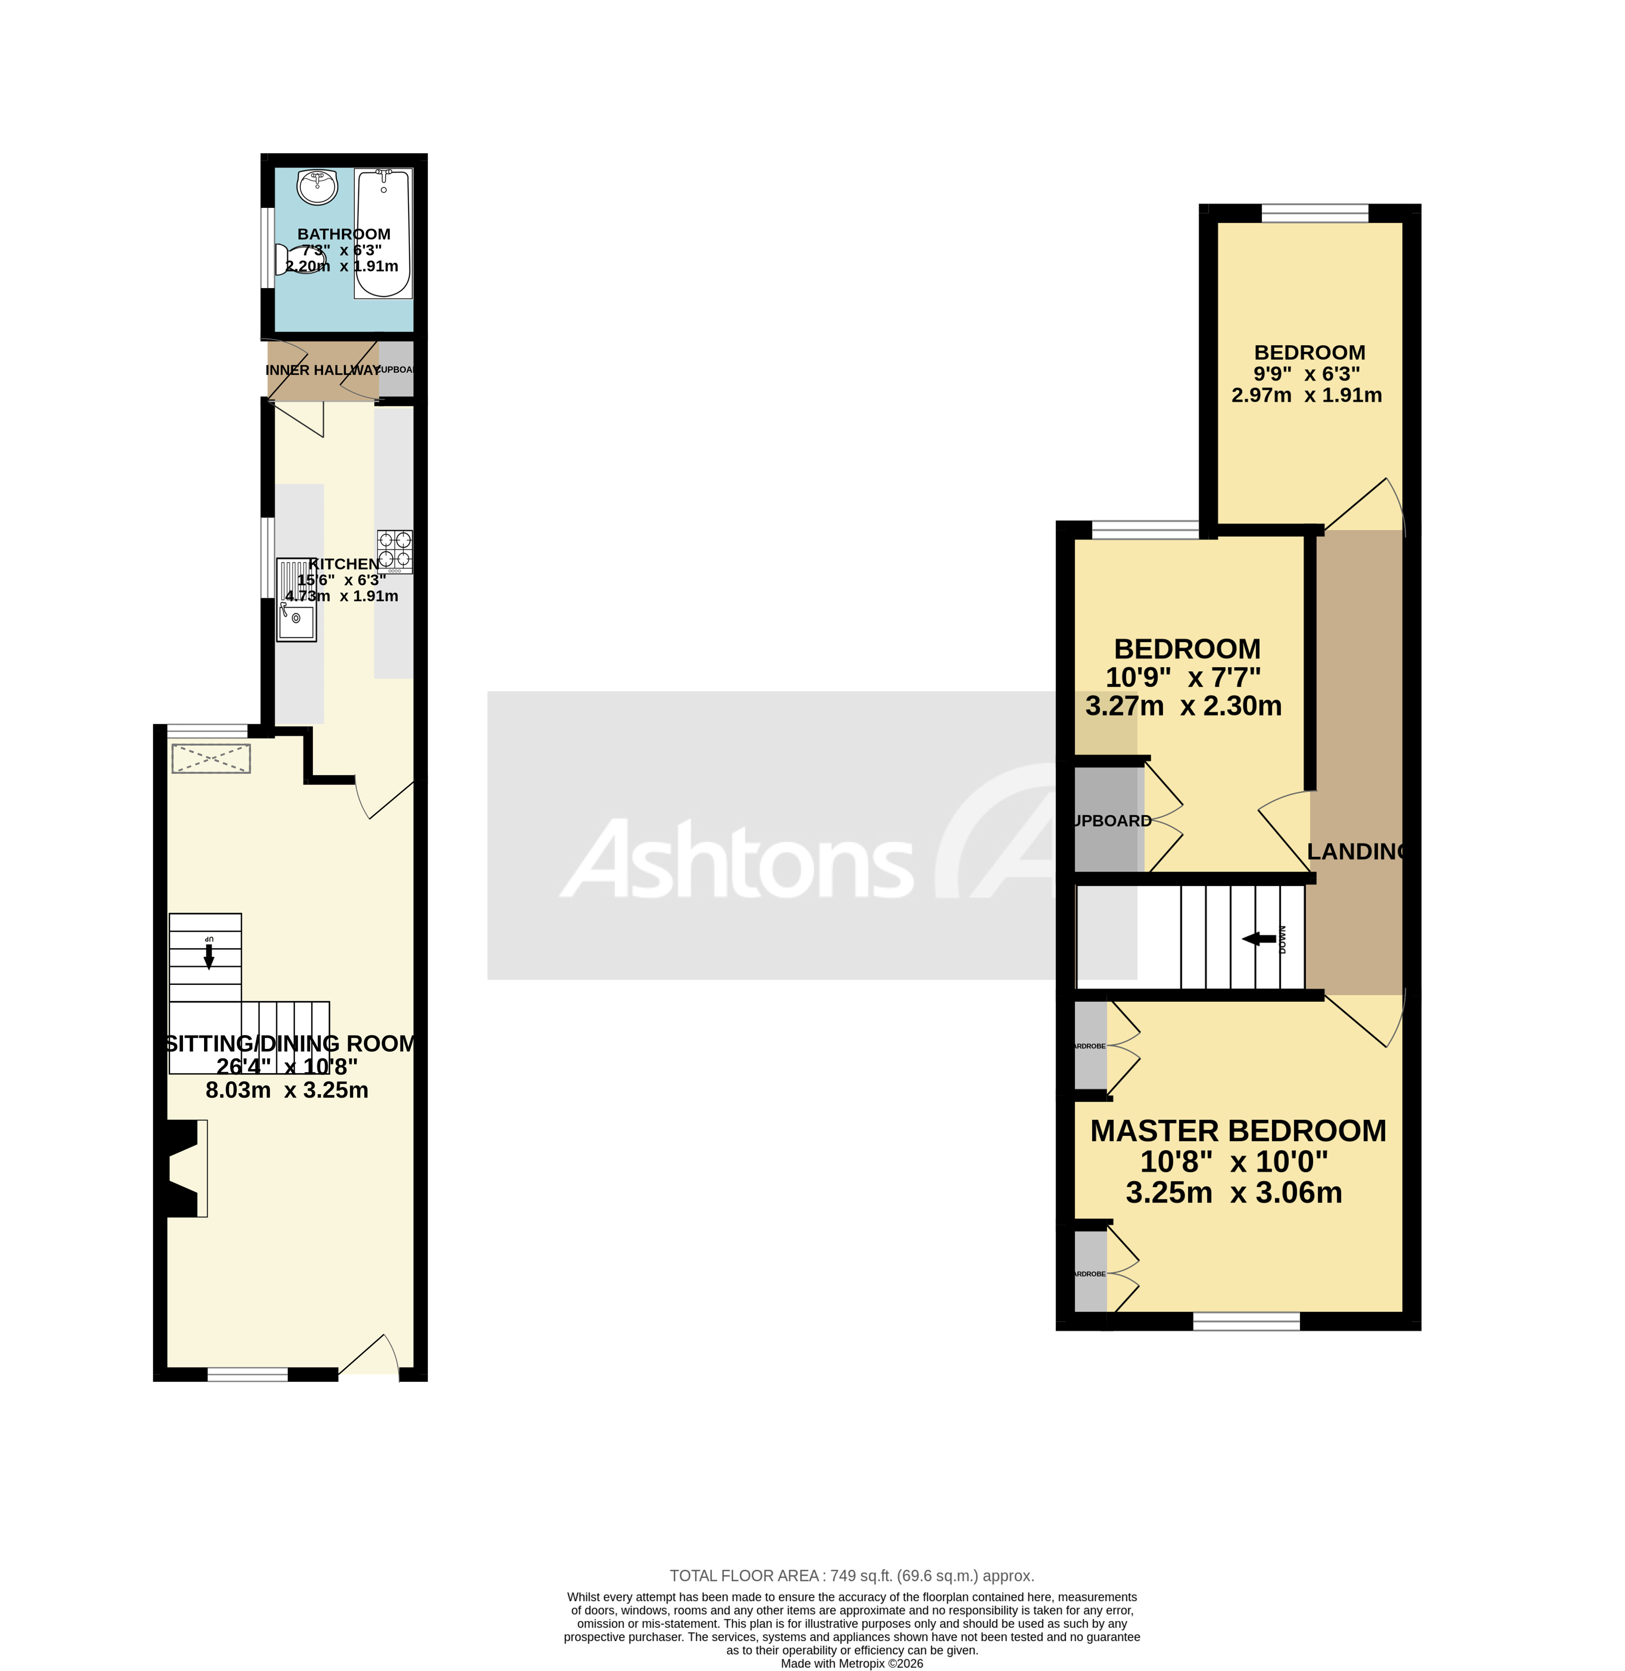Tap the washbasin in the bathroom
click(x=318, y=187)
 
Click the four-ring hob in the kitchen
click(x=394, y=551)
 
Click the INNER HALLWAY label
click(x=323, y=369)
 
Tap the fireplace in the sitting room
click(x=184, y=1168)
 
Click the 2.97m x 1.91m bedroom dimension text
click(x=1306, y=395)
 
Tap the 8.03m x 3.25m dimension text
click(x=287, y=1090)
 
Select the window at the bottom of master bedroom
click(x=1245, y=1322)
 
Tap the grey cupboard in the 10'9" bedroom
click(x=1107, y=819)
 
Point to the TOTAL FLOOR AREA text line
click(x=851, y=1575)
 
